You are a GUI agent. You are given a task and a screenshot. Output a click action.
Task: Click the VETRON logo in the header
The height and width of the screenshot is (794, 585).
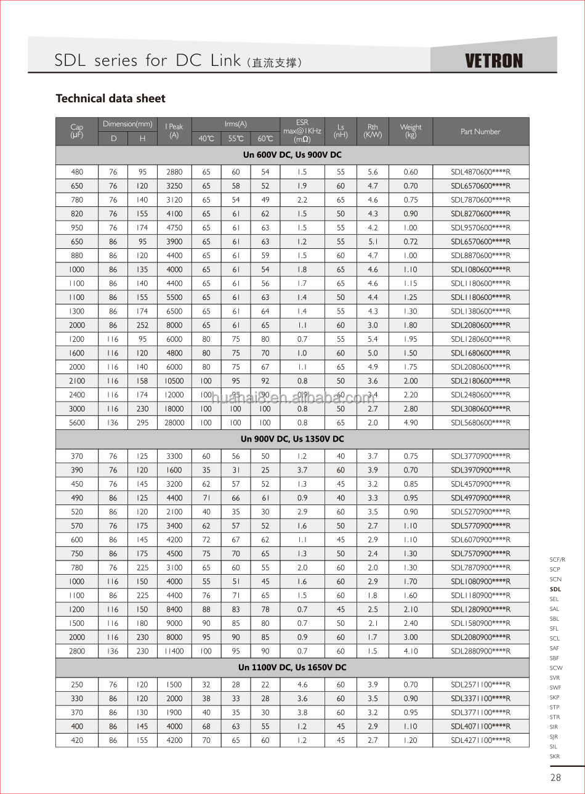[x=493, y=60]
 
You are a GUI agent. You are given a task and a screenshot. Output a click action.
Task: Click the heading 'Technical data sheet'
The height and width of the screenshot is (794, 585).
[x=110, y=99]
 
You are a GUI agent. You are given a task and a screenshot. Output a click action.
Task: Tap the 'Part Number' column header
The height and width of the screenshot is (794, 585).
[x=480, y=131]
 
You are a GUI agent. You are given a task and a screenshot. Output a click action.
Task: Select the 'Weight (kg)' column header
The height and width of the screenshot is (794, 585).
[x=411, y=131]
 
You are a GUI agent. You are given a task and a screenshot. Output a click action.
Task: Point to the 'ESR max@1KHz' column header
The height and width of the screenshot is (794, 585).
[x=302, y=131]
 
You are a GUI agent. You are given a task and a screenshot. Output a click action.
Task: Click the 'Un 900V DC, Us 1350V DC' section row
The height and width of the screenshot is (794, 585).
[x=292, y=439]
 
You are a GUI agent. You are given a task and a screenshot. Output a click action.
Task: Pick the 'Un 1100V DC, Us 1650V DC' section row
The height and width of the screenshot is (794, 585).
[x=292, y=667]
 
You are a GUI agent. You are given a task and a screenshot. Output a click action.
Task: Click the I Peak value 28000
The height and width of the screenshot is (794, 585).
[x=174, y=423]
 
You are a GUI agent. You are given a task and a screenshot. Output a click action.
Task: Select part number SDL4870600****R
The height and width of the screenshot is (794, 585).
[x=480, y=172]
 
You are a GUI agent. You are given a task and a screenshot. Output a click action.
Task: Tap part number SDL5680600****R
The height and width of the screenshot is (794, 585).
[x=480, y=423]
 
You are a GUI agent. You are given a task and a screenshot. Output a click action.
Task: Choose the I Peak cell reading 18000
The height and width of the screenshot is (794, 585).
[x=174, y=408]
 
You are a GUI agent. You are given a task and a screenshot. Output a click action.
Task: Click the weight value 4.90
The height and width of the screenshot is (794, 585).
[x=411, y=423]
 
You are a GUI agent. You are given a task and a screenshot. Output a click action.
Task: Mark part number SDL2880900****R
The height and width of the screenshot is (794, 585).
[x=480, y=651]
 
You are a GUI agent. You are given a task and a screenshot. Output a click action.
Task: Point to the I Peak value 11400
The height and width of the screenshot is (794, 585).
[x=174, y=651]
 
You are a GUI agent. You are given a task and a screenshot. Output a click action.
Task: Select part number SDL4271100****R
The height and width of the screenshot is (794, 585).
[x=480, y=740]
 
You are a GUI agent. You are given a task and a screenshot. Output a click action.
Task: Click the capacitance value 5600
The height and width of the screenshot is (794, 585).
[x=77, y=423]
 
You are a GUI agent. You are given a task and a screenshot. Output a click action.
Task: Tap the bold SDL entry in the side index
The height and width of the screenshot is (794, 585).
[x=555, y=589]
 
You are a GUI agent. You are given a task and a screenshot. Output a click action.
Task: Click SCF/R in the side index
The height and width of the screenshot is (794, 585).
[x=557, y=560]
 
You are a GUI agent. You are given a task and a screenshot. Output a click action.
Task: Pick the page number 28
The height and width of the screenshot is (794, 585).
[x=555, y=777]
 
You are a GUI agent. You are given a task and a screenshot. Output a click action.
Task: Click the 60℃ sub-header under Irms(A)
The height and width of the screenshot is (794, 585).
[x=265, y=139]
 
